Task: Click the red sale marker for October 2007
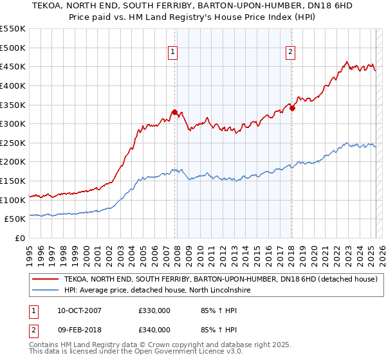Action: pyautogui.click(x=174, y=112)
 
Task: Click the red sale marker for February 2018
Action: pyautogui.click(x=292, y=108)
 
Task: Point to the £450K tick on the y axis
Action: pyautogui.click(x=13, y=67)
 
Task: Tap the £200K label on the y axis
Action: pyautogui.click(x=13, y=162)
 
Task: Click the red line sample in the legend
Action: pyautogui.click(x=45, y=280)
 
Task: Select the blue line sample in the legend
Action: pyautogui.click(x=45, y=291)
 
